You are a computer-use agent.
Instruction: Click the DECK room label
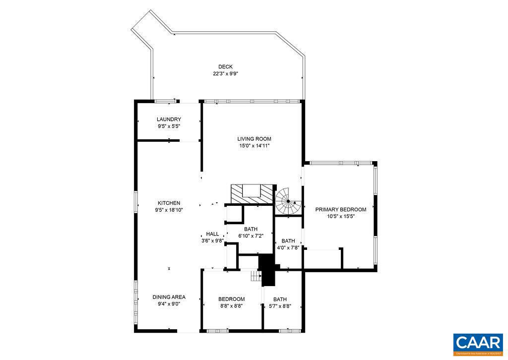tap(225, 67)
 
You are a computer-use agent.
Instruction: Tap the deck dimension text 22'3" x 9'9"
tap(226, 74)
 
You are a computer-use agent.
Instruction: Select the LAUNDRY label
tap(169, 120)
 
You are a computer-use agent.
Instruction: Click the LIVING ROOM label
tap(254, 139)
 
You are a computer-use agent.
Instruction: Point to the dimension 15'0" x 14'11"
tap(254, 146)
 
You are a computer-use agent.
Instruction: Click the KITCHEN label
tap(169, 203)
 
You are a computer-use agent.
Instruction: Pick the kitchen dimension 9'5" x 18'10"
tap(169, 210)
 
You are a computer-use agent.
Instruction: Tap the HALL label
tap(212, 234)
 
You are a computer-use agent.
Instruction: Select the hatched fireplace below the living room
tap(252, 193)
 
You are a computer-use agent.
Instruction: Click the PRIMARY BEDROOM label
tap(341, 210)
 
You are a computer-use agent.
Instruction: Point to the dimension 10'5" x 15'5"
tap(341, 217)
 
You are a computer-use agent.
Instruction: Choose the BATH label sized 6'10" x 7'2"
tap(251, 229)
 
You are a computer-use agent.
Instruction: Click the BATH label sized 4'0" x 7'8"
tap(288, 241)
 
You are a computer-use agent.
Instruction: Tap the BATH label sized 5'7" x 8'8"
tap(280, 300)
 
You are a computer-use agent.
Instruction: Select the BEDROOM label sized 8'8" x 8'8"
tap(232, 300)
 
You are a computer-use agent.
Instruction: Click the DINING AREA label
tap(169, 298)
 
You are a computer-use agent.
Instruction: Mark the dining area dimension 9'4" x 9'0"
tap(169, 304)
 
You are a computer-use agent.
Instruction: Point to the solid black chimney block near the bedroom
tap(267, 270)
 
